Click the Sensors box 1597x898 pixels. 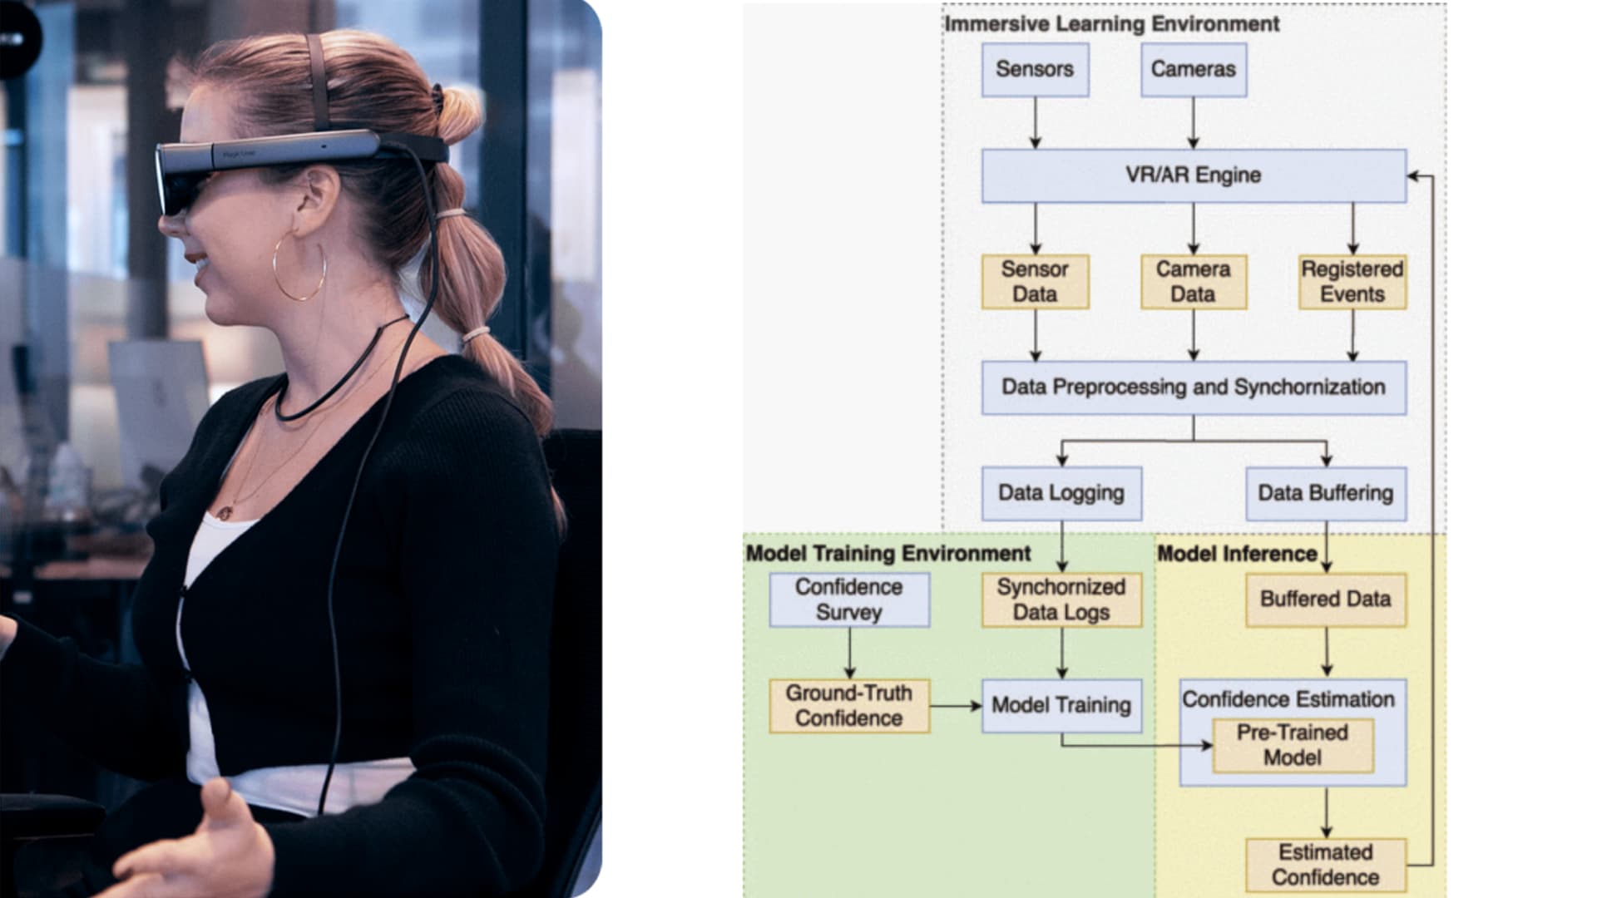(1035, 70)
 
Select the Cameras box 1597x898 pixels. (1193, 70)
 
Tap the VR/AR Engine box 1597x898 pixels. (1193, 175)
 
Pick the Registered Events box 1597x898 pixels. (1352, 282)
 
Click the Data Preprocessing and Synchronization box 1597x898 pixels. (1193, 387)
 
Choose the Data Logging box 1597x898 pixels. (1061, 493)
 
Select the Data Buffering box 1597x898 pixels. (1325, 493)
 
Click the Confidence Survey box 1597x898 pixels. (848, 599)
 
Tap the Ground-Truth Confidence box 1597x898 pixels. (848, 706)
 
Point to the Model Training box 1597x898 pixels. (1061, 706)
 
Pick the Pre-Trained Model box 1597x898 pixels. (1292, 745)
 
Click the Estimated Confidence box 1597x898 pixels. (1325, 865)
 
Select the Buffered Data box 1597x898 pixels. (1325, 599)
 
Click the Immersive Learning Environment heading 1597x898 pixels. (1111, 24)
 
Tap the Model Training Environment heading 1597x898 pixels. (887, 554)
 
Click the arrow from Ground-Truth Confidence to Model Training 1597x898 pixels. (955, 706)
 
